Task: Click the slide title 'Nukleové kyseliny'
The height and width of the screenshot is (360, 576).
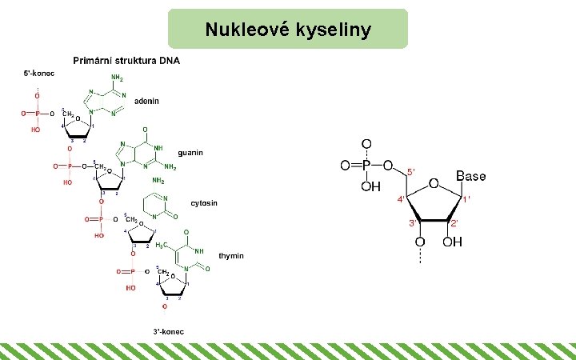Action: coord(288,30)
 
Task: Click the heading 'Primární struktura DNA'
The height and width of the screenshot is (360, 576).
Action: coord(126,61)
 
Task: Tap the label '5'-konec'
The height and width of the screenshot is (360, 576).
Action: coord(38,74)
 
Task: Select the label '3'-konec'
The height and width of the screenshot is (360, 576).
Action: coord(169,330)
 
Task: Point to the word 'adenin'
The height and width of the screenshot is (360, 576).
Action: coord(147,102)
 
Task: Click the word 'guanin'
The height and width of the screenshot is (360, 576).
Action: coord(190,152)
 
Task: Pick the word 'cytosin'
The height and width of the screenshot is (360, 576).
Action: coord(204,203)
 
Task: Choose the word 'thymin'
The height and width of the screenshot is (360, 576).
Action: coord(231,256)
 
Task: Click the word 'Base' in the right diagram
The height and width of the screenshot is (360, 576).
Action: coord(471,176)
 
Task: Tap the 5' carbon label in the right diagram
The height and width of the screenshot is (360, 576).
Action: coord(411,172)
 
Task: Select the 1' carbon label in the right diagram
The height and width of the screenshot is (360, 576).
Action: coord(468,198)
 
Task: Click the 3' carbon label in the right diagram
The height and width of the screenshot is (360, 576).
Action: coord(413,222)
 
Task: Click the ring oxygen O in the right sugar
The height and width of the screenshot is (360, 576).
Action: coord(433,183)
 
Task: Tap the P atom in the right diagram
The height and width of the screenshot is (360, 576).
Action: coord(366,166)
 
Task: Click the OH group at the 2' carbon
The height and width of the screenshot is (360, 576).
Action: coord(452,242)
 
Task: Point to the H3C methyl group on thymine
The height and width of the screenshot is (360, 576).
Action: coord(161,245)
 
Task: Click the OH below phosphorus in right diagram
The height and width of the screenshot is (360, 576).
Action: coord(370,186)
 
